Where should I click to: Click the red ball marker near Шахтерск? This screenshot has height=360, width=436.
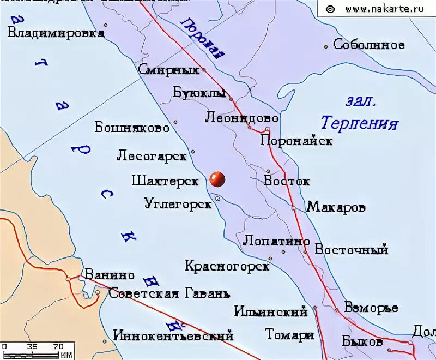pos(217,178)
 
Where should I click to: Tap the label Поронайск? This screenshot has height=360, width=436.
pos(296,141)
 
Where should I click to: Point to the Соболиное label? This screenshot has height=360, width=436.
pos(369,45)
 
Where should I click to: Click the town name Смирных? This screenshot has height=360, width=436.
pos(168,70)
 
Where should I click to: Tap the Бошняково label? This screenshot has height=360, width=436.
pos(132,128)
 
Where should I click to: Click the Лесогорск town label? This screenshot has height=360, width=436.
pos(152,156)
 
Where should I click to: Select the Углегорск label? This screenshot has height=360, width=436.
pos(178,204)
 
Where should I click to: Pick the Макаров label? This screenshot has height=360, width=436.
pos(336,207)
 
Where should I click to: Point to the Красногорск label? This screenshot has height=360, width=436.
pos(227,266)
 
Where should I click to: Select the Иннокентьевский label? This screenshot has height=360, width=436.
pos(173,335)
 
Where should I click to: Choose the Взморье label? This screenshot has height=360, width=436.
pos(371,308)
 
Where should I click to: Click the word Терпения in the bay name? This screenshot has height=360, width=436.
pos(359,123)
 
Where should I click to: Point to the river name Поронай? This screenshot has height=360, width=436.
pos(203,37)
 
